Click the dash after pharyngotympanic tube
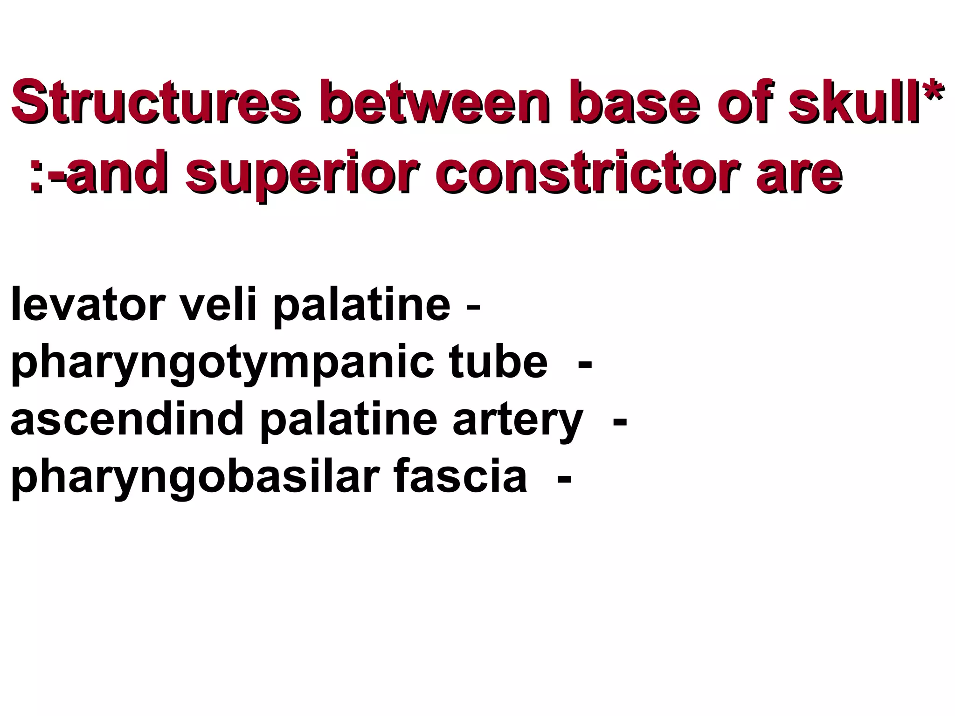coord(585,364)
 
